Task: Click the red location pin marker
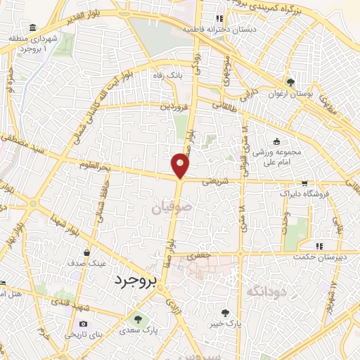pos(181,165)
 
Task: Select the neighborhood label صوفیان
pos(166,207)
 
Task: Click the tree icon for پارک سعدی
pos(137,320)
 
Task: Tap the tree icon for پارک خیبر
pos(225,313)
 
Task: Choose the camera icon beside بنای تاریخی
pos(84,323)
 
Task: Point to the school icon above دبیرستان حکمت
pos(320,246)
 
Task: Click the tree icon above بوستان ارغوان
pos(290,83)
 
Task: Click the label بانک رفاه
pos(170,74)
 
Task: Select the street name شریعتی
pos(212,180)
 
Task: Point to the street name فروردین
pos(175,108)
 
